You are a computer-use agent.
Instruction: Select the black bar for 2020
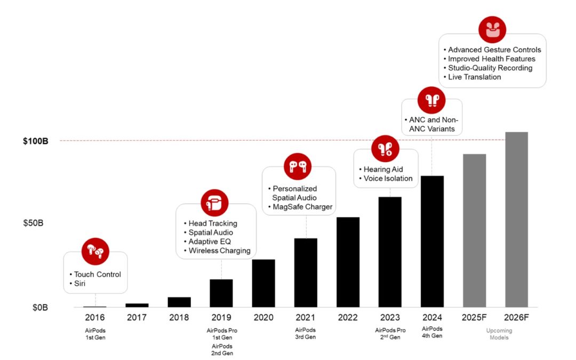coord(263,283)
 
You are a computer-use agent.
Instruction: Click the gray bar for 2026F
coord(516,219)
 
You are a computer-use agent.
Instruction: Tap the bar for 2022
coord(348,262)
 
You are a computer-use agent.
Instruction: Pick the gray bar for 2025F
coord(474,230)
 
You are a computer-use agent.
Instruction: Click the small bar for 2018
coord(179,302)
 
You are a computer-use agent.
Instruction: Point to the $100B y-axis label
coord(36,141)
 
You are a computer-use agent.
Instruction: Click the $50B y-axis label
coord(33,222)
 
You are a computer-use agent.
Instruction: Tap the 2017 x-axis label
coord(137,318)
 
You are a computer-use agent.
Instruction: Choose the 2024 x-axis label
coord(432,318)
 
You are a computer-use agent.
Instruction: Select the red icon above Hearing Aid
coord(385,149)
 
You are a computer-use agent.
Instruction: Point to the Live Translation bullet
coord(474,77)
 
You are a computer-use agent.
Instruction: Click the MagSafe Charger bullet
coord(302,207)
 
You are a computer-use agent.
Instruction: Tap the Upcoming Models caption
coord(499,334)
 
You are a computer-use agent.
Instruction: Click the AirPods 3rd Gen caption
coord(306,333)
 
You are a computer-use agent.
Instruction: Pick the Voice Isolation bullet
coord(388,178)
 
